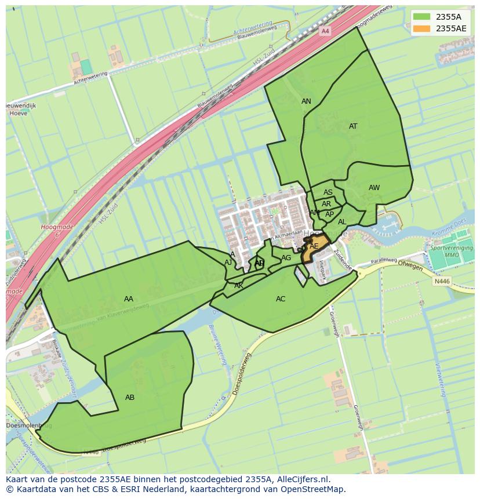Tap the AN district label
point(306,101)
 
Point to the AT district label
point(353,126)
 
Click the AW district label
point(374,188)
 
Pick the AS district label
point(328,192)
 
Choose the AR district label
point(326,204)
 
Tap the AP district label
point(329,214)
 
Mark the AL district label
point(342,222)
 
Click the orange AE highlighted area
point(314,246)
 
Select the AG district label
point(286,258)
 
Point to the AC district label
point(281,299)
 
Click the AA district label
point(129,299)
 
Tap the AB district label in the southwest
point(130,398)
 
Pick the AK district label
point(238,286)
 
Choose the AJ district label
point(228,263)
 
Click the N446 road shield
point(442,281)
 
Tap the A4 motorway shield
point(325,31)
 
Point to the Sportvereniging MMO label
point(451,252)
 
